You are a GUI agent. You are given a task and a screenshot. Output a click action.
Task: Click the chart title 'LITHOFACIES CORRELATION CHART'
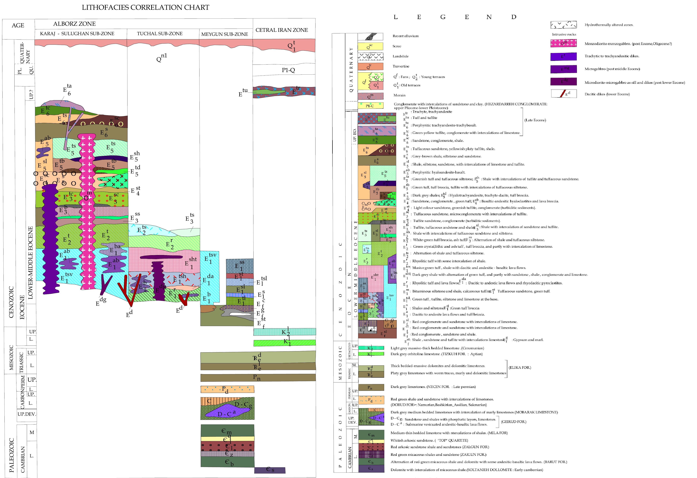(146, 8)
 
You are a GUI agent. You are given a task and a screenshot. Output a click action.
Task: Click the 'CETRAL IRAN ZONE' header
(282, 30)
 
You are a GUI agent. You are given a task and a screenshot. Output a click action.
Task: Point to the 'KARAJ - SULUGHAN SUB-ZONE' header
(77, 34)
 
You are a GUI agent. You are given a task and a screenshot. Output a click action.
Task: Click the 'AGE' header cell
(18, 26)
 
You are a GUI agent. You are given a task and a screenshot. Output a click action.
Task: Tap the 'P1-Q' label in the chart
(288, 70)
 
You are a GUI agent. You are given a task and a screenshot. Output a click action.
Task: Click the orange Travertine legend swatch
(370, 66)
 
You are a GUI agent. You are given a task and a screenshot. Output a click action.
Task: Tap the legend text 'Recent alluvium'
(405, 36)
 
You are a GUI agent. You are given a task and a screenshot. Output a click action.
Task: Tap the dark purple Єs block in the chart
(270, 470)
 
